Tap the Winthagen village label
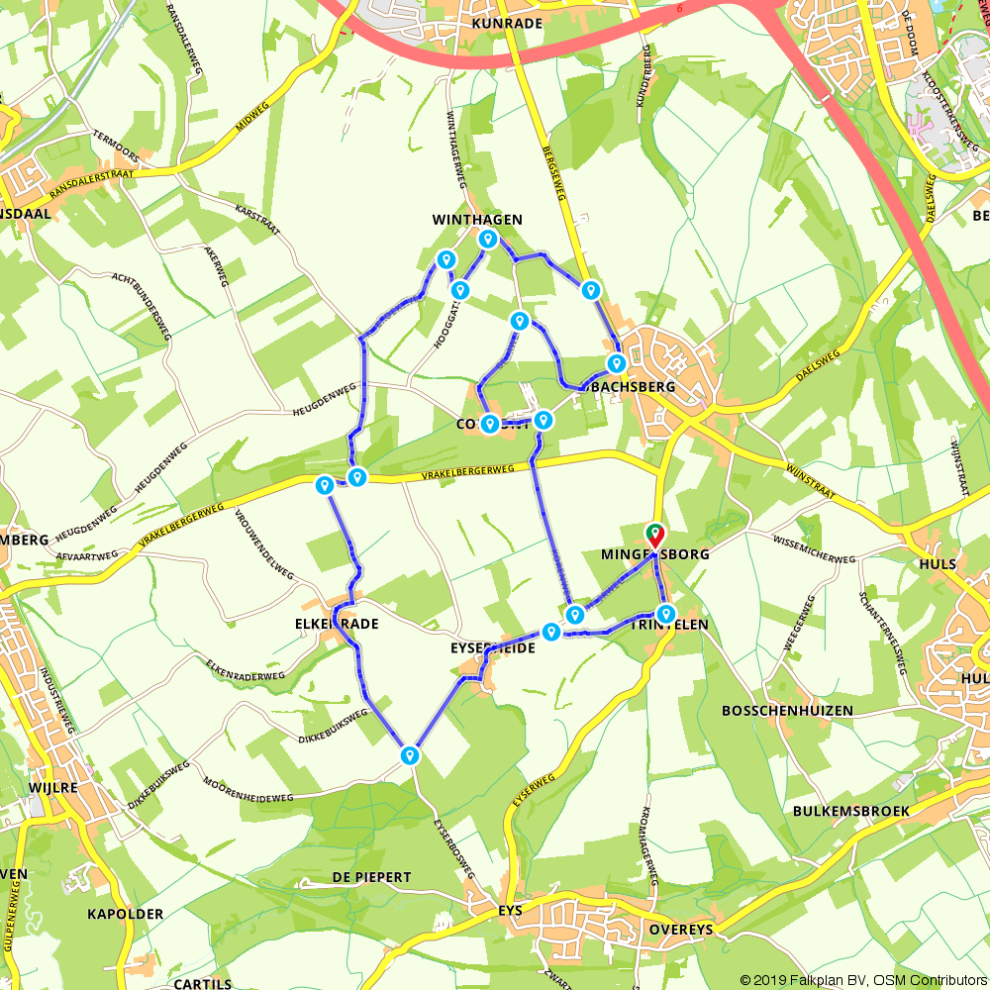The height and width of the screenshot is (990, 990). pos(477,220)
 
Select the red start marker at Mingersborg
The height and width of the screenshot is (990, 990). pos(655,536)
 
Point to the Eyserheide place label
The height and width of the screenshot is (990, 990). pos(492,647)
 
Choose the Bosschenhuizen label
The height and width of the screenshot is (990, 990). pos(787,712)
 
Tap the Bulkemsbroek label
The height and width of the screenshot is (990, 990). pos(850,811)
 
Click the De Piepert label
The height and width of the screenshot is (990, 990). pos(371,878)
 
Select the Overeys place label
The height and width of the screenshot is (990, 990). pos(681,931)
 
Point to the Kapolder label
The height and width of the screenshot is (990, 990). pos(126,914)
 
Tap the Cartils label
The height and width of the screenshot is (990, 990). pos(202,984)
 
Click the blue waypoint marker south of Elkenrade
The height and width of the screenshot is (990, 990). pos(410,756)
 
